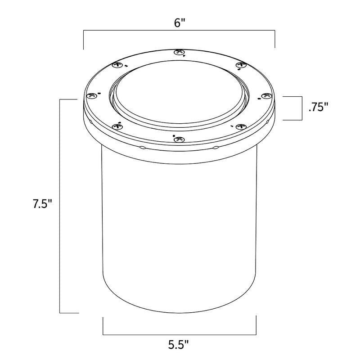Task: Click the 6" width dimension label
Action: click(179, 23)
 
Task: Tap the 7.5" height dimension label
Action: click(43, 204)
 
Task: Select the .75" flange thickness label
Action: click(318, 107)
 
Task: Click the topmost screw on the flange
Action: click(179, 53)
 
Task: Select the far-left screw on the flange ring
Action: click(92, 95)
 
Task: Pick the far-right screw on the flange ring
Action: click(266, 95)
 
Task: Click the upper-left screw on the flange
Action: click(117, 65)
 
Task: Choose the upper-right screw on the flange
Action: click(241, 65)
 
